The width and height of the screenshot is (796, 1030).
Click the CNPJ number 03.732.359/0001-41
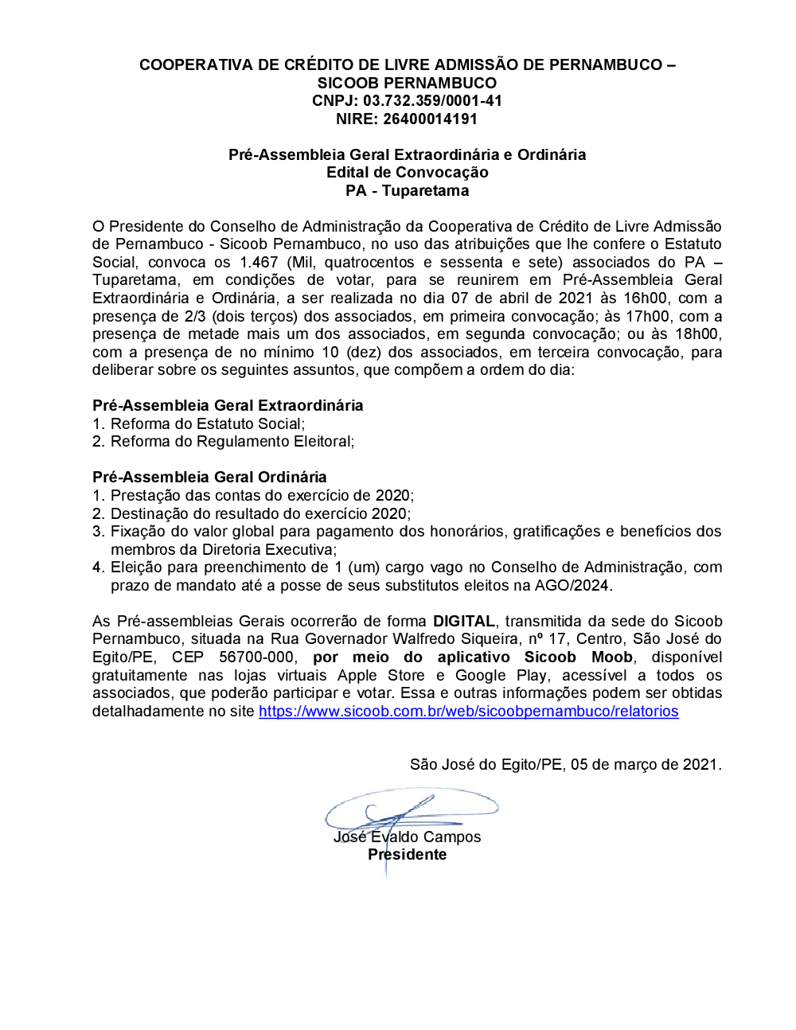(432, 101)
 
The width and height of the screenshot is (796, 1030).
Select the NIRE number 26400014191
(430, 119)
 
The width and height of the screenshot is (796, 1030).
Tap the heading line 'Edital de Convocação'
(407, 173)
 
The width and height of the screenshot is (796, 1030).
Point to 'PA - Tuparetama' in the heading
(407, 191)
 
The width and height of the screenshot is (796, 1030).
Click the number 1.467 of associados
(259, 263)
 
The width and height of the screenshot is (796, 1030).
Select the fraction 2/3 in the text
(195, 317)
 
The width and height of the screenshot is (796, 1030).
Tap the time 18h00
(697, 334)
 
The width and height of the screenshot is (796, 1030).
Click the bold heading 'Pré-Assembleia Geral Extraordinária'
(228, 406)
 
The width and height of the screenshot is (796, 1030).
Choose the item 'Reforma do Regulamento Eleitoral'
(232, 442)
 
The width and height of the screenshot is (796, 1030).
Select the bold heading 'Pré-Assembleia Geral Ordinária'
(209, 478)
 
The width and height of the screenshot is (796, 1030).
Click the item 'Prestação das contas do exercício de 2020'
(261, 496)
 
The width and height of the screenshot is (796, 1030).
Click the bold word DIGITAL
(464, 622)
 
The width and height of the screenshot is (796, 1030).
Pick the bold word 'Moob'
(611, 657)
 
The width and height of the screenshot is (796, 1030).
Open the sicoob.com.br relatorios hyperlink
(468, 712)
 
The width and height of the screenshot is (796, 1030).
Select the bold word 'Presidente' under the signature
(407, 855)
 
